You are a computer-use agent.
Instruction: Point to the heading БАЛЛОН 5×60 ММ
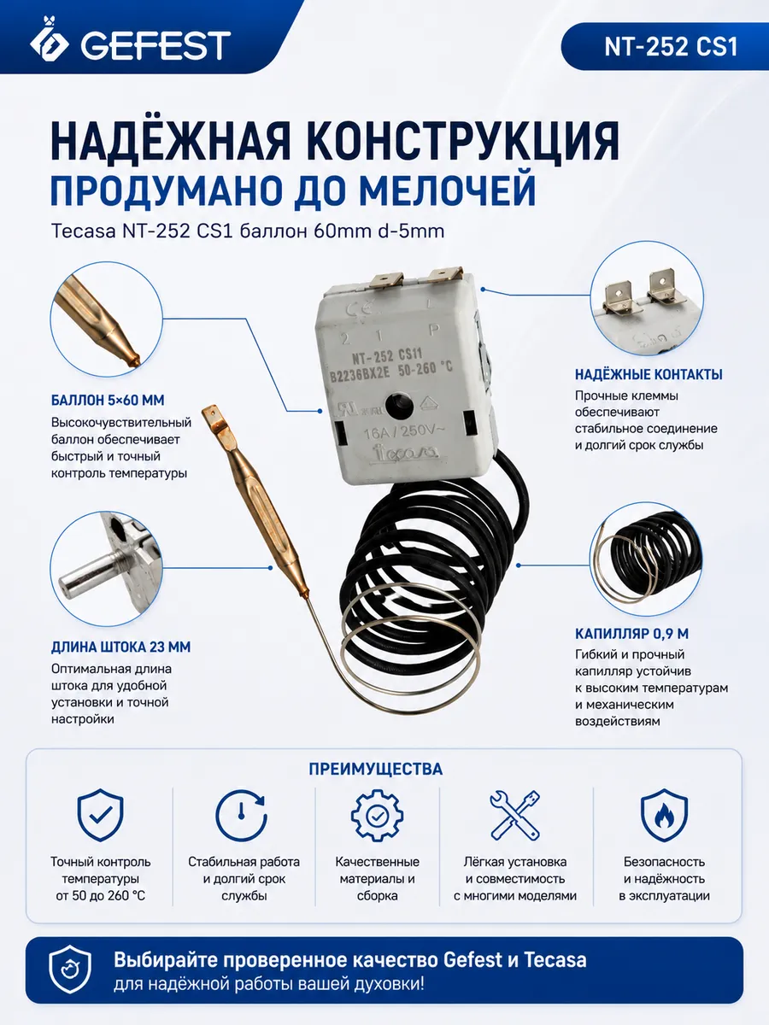click(108, 401)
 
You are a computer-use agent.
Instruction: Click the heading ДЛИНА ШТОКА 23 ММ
click(121, 647)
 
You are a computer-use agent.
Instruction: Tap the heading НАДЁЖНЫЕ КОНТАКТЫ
click(649, 374)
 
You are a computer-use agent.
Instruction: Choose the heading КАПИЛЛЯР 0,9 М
click(631, 634)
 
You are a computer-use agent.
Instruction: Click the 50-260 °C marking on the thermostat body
click(425, 369)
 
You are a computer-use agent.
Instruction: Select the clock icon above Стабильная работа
click(242, 816)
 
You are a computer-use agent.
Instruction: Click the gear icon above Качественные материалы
click(378, 816)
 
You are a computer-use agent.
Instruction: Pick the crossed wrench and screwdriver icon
click(515, 816)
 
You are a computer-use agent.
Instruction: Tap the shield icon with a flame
click(664, 815)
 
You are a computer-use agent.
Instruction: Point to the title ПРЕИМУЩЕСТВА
click(376, 769)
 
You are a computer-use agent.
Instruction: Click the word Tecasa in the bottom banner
click(555, 960)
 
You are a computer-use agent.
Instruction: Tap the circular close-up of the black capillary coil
click(647, 559)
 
